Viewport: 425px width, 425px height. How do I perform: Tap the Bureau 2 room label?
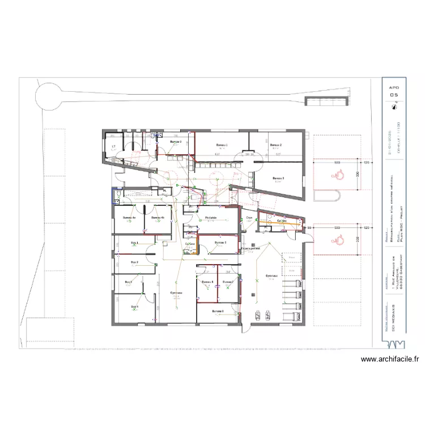tap(275, 145)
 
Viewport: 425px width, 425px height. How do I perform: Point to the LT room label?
tap(113, 147)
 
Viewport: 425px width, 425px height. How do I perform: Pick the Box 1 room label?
tap(135, 243)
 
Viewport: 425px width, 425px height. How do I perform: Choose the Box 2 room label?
tap(135, 262)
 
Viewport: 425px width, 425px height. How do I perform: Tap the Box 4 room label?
tap(134, 307)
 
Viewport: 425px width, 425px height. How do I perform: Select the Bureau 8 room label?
tap(218, 311)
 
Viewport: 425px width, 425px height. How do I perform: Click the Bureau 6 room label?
tap(207, 282)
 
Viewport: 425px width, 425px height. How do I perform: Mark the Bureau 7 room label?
tap(227, 282)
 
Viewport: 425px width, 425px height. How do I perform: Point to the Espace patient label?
tap(250, 248)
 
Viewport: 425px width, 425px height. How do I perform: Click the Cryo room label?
tap(249, 218)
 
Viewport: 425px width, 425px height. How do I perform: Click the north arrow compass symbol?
tap(394, 105)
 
